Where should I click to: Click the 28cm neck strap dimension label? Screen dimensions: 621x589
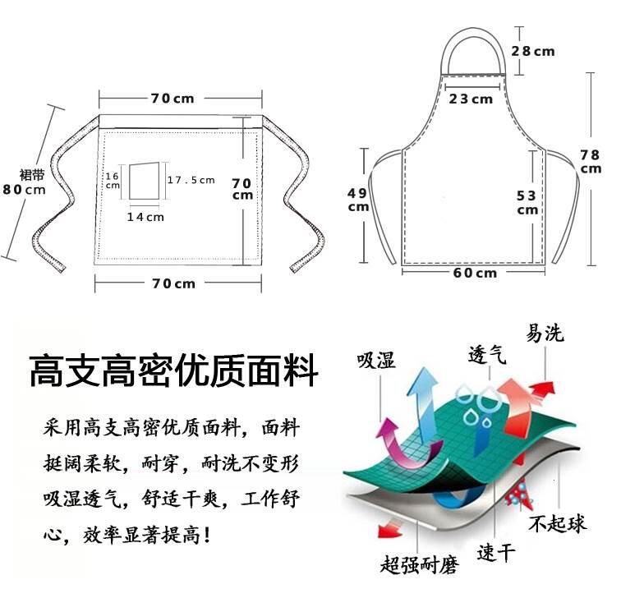[x=533, y=51]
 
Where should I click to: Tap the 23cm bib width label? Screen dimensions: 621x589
[x=471, y=99]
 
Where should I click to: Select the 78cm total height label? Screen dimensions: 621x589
[x=590, y=160]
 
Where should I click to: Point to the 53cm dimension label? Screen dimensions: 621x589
[x=527, y=201]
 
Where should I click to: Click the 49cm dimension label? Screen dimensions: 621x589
[x=357, y=200]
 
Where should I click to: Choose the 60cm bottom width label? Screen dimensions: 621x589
[x=475, y=273]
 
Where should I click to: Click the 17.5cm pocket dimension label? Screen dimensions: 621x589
[x=191, y=180]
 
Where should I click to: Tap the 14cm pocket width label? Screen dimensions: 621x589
[x=145, y=217]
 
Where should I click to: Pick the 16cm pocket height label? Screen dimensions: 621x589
[x=113, y=180]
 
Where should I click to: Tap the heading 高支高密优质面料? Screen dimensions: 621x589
[x=173, y=371]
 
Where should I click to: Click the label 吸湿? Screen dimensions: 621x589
[x=375, y=361]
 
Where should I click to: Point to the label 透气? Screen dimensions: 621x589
[x=487, y=355]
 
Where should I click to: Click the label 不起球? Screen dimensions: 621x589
[x=557, y=522]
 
